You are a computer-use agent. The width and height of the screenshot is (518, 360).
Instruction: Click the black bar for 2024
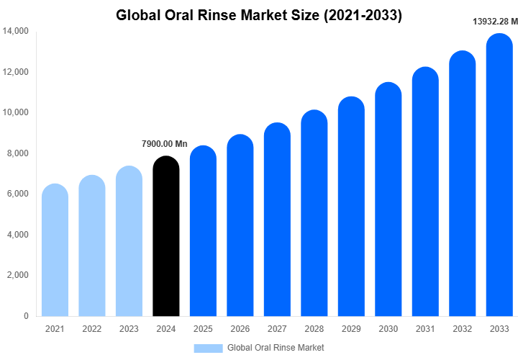point(166,238)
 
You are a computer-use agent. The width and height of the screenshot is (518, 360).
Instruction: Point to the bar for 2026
point(240,226)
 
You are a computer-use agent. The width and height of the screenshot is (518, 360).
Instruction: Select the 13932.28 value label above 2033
point(495,22)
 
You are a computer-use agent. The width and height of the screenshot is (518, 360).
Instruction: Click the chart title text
point(259,14)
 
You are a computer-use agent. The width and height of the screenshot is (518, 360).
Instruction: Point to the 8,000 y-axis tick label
point(17,153)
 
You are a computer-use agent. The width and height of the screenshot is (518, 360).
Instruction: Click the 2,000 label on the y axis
point(17,275)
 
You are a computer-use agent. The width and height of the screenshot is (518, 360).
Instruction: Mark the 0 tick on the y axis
point(26,316)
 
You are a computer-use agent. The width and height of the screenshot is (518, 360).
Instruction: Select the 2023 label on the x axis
point(129,329)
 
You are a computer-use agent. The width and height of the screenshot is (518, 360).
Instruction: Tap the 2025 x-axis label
point(203,329)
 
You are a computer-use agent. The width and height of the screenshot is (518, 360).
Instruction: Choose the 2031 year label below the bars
point(425,329)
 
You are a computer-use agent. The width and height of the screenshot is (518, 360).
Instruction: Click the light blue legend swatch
point(208,348)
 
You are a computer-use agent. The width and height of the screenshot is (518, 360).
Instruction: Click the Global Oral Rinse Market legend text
point(276,348)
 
